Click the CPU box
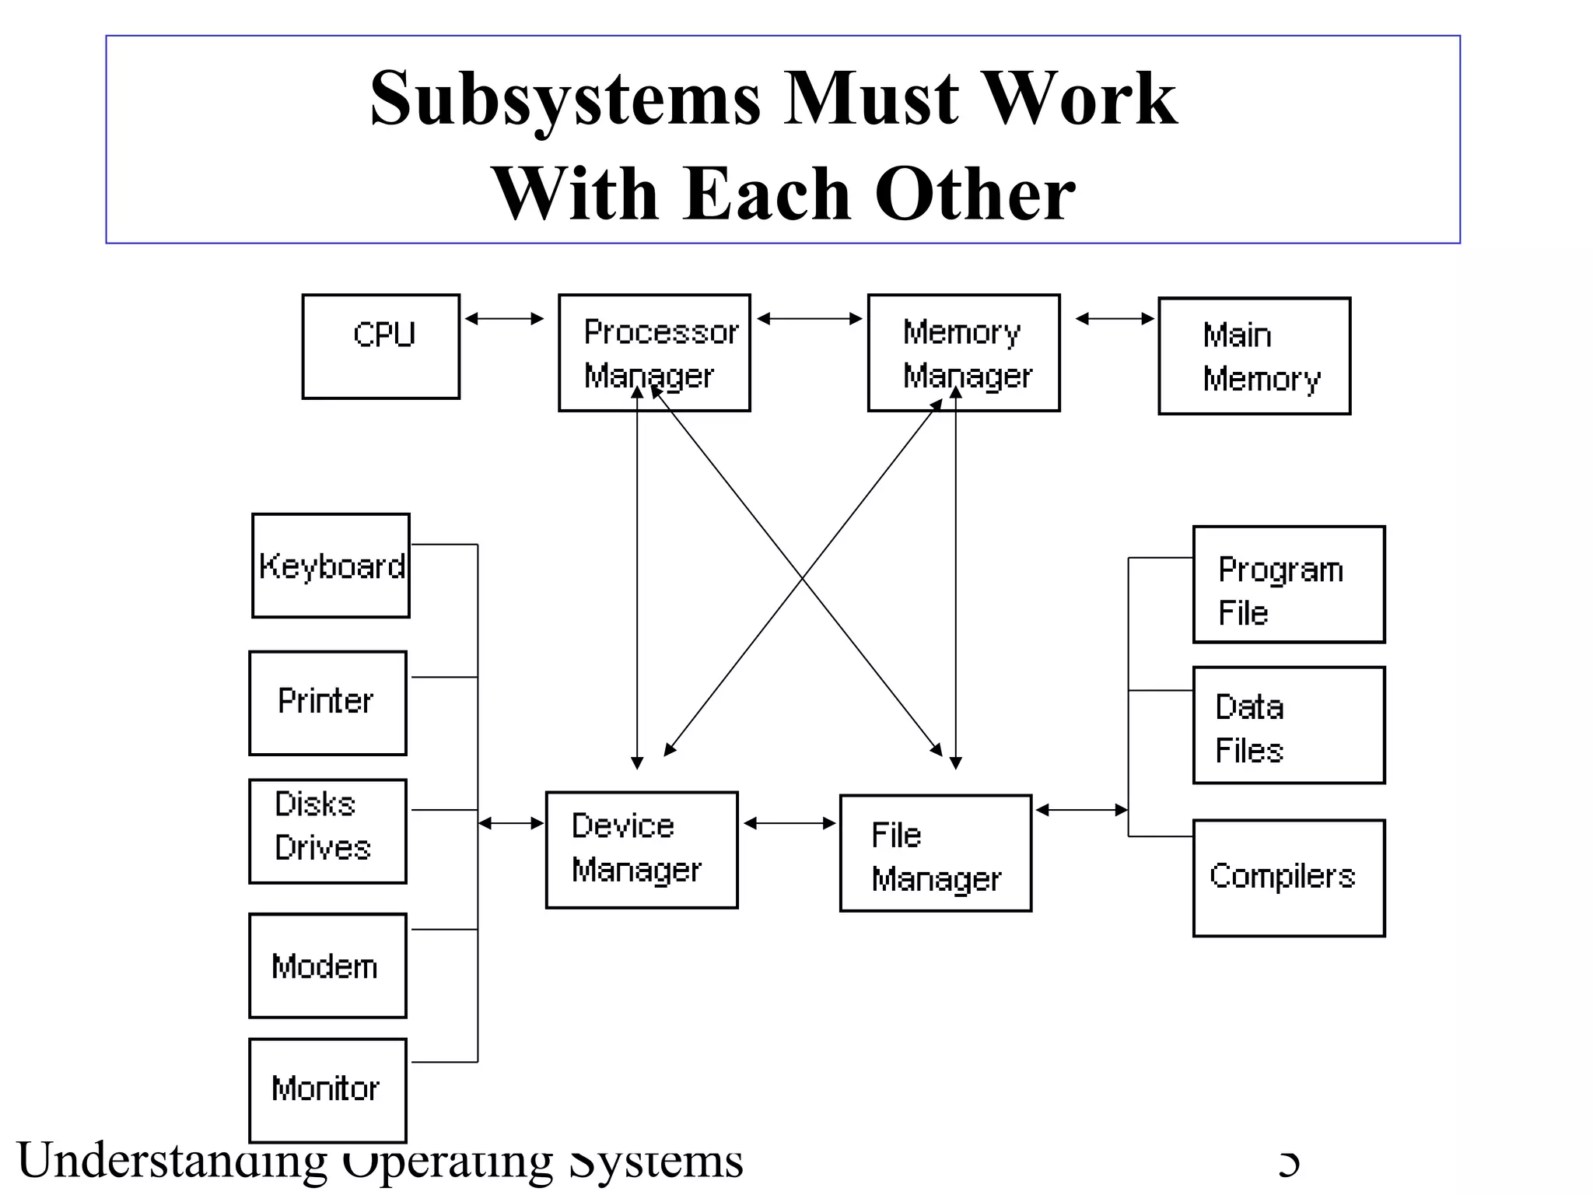[x=380, y=346]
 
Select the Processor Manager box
[x=654, y=352]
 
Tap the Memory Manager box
[x=964, y=352]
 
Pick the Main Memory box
[x=1254, y=356]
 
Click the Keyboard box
[x=331, y=566]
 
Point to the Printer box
[x=327, y=703]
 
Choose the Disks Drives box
[x=327, y=831]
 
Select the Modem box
[x=327, y=965]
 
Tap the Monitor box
[x=327, y=1090]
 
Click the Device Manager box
[x=642, y=850]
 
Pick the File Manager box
[x=936, y=853]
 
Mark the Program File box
[x=1289, y=584]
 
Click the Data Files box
[x=1289, y=724]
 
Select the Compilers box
[x=1289, y=878]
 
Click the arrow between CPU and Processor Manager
[x=504, y=318]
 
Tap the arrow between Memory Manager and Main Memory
[x=1115, y=318]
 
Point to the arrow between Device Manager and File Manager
[x=789, y=823]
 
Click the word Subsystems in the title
[x=565, y=99]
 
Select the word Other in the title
[x=975, y=194]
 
